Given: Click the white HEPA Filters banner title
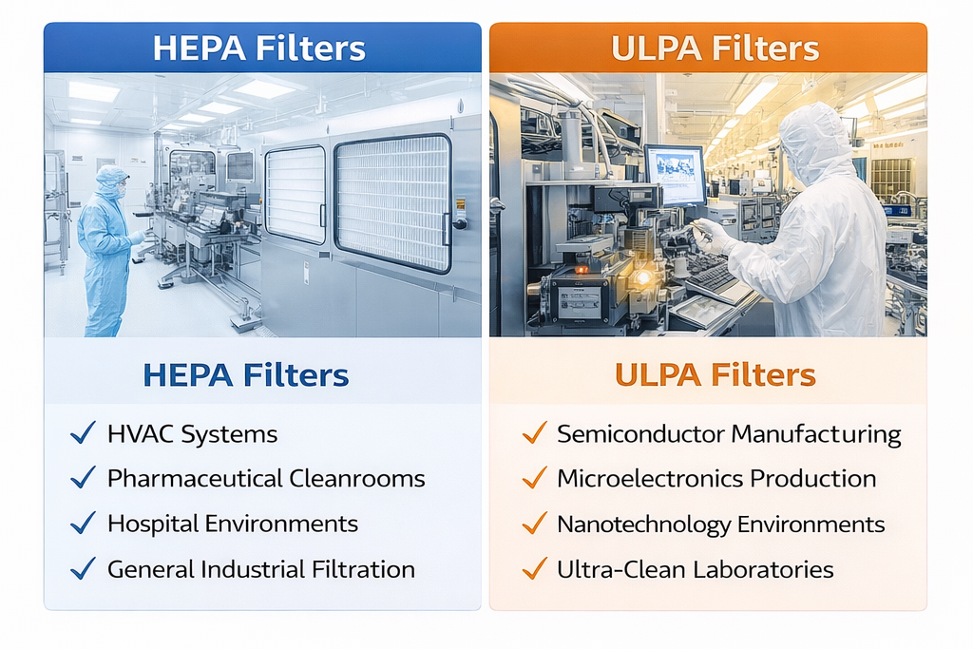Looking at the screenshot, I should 258,48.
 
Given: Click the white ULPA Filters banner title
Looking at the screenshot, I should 715,48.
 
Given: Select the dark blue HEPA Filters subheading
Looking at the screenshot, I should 246,374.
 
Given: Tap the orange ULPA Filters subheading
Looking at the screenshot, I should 715,374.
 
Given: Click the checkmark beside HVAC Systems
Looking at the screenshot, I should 83,434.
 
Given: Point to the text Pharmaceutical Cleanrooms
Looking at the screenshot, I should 265,478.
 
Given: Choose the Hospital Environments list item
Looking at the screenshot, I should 232,523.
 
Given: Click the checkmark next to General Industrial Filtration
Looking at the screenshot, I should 83,569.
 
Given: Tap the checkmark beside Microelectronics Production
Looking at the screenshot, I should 534,478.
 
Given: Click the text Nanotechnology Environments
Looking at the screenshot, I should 720,524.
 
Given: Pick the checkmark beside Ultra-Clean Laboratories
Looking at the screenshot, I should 534,569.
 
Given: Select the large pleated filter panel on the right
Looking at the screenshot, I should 391,202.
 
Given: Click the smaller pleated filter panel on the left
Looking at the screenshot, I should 295,194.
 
